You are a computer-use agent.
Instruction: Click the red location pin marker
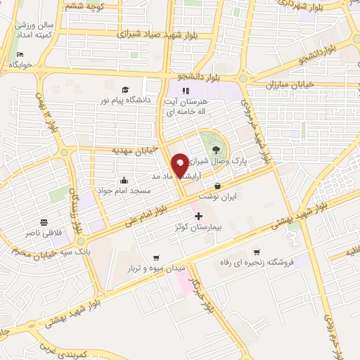point(180,165)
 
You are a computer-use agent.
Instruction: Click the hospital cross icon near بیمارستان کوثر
point(198,215)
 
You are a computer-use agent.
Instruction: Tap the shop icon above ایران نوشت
point(217,186)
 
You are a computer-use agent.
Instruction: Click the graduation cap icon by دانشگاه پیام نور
point(124,90)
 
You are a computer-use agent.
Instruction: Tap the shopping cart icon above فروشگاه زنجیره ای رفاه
point(257,252)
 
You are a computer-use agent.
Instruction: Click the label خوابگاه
point(22,65)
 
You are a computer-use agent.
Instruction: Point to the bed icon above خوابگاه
point(20,53)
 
